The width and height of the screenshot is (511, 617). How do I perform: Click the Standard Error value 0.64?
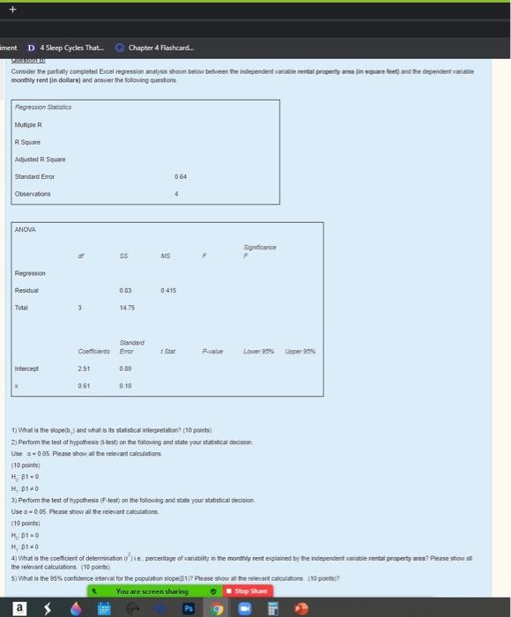point(182,176)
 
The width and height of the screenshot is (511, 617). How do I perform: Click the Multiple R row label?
point(29,125)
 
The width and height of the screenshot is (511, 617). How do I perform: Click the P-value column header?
point(214,351)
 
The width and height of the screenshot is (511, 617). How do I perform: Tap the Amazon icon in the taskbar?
point(15,606)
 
